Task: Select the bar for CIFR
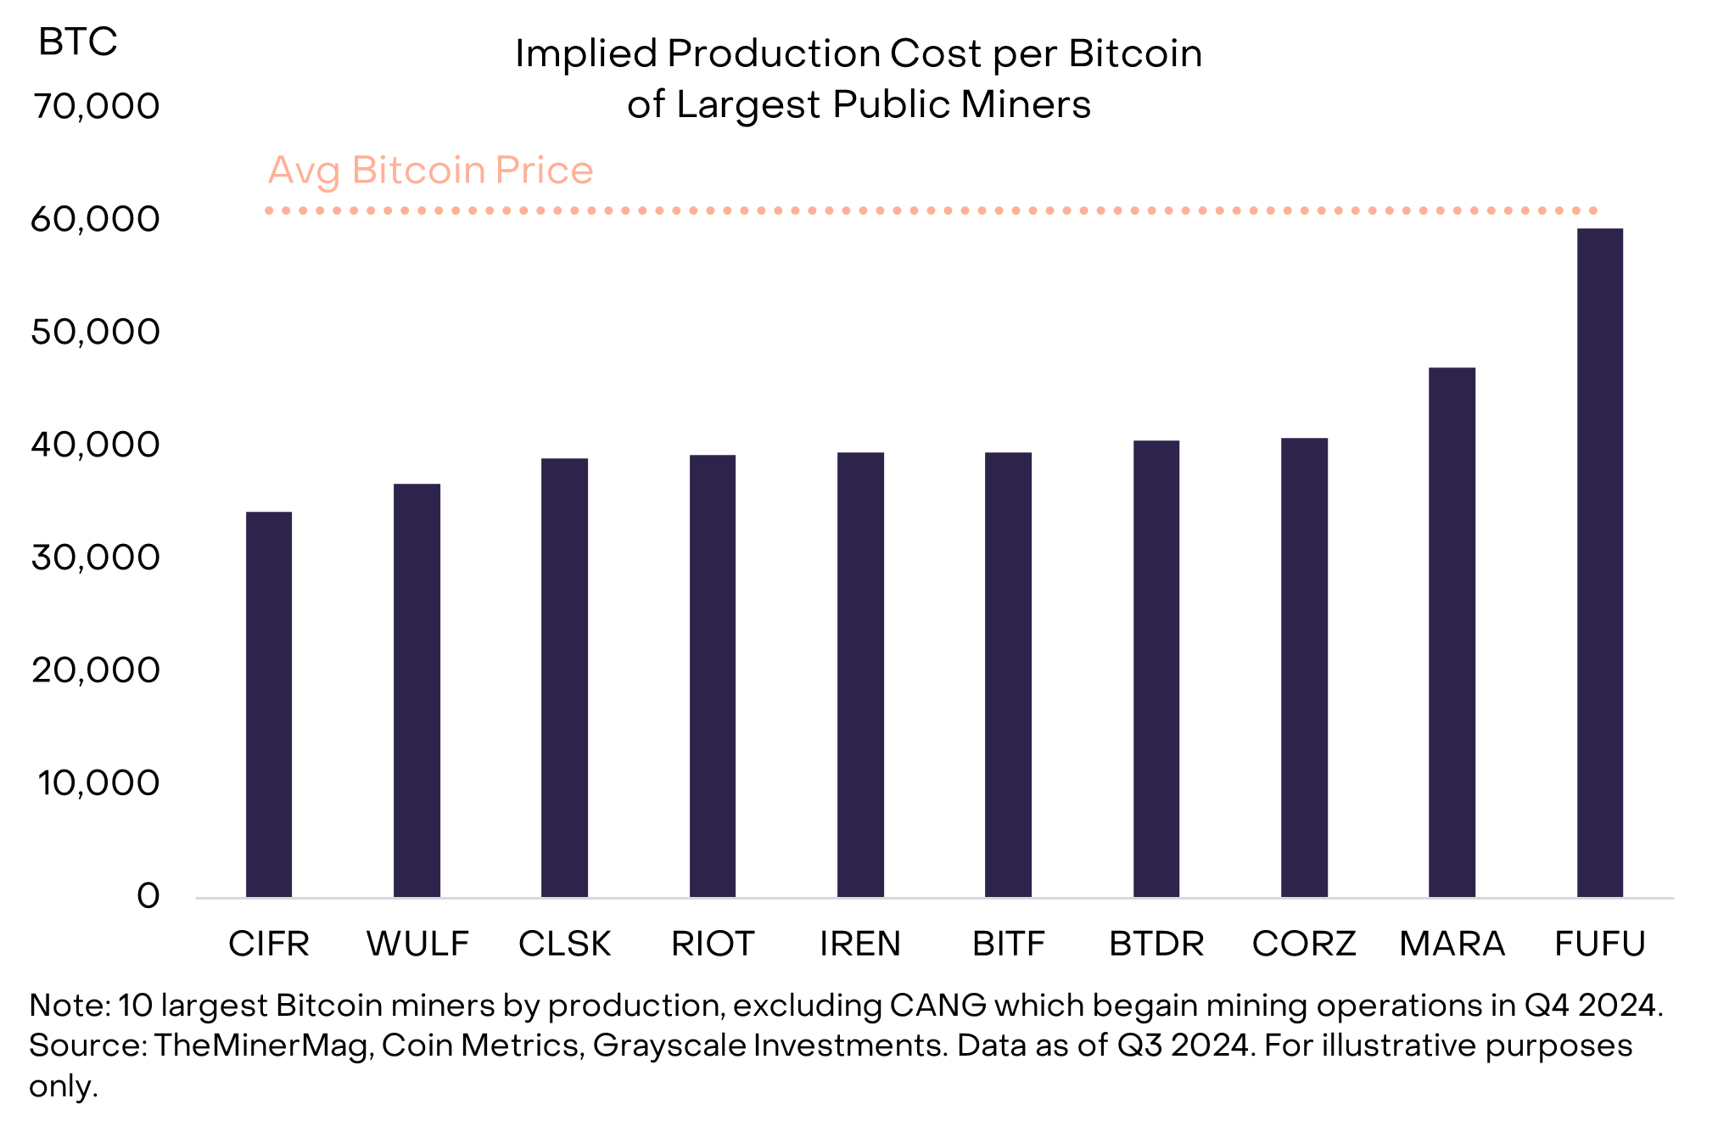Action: pyautogui.click(x=269, y=704)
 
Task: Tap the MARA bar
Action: pyautogui.click(x=1452, y=632)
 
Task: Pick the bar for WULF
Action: pyautogui.click(x=417, y=690)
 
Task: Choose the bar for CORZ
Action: pyautogui.click(x=1304, y=667)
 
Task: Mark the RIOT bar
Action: pyautogui.click(x=713, y=675)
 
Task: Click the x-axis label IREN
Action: pyautogui.click(x=860, y=944)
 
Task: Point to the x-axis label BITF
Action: pyautogui.click(x=1008, y=944)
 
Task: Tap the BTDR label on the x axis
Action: pyautogui.click(x=1156, y=944)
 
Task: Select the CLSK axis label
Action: pyautogui.click(x=565, y=944)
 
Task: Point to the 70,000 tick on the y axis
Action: pyautogui.click(x=96, y=107)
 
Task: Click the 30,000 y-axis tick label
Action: pyautogui.click(x=96, y=558)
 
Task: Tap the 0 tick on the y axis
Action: pyautogui.click(x=148, y=896)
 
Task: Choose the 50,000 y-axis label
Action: pyautogui.click(x=96, y=332)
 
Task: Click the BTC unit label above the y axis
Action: pyautogui.click(x=77, y=42)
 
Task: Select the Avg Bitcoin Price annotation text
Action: pyautogui.click(x=430, y=171)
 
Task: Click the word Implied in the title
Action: pyautogui.click(x=586, y=54)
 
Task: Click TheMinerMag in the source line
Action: pyautogui.click(x=261, y=1045)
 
